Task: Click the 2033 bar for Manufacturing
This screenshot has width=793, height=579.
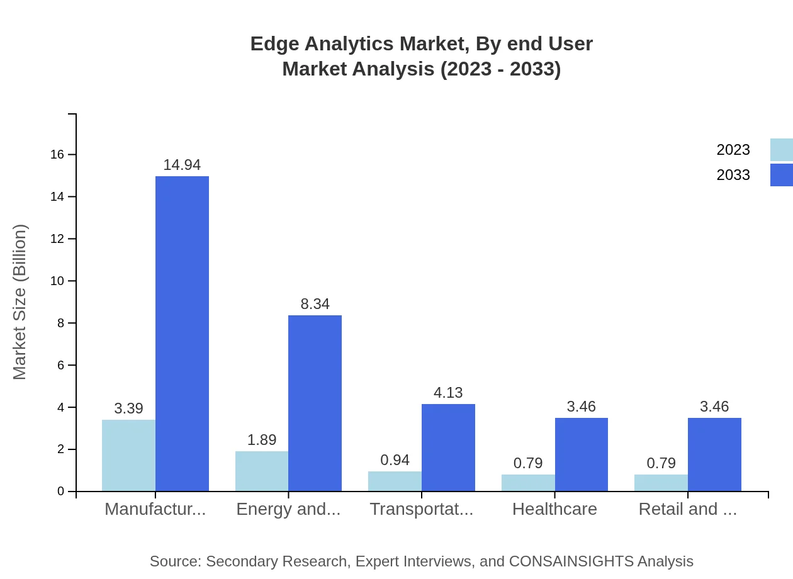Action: (x=182, y=334)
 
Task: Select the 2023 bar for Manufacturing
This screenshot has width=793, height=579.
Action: (x=128, y=455)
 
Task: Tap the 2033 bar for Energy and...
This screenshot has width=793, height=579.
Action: (x=315, y=403)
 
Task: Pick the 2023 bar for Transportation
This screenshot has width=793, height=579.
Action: (x=395, y=481)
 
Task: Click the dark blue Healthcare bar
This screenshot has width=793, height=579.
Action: (x=582, y=454)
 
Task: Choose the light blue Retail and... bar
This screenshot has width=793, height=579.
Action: (x=661, y=483)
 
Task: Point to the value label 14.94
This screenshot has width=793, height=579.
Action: (x=182, y=165)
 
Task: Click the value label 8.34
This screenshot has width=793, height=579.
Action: (x=315, y=304)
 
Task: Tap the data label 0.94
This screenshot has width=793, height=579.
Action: (x=395, y=460)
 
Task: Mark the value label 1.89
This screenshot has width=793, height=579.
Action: (x=262, y=440)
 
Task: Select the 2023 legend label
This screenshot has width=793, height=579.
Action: (x=733, y=150)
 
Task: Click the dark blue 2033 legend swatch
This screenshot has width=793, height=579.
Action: (x=781, y=175)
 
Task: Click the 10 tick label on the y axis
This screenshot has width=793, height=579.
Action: (x=57, y=281)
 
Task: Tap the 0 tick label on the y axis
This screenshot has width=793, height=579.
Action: (x=61, y=492)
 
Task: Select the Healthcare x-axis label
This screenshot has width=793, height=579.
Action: (x=554, y=509)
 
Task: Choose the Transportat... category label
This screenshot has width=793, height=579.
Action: (x=421, y=509)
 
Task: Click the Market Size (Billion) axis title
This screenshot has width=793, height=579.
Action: (x=20, y=302)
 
